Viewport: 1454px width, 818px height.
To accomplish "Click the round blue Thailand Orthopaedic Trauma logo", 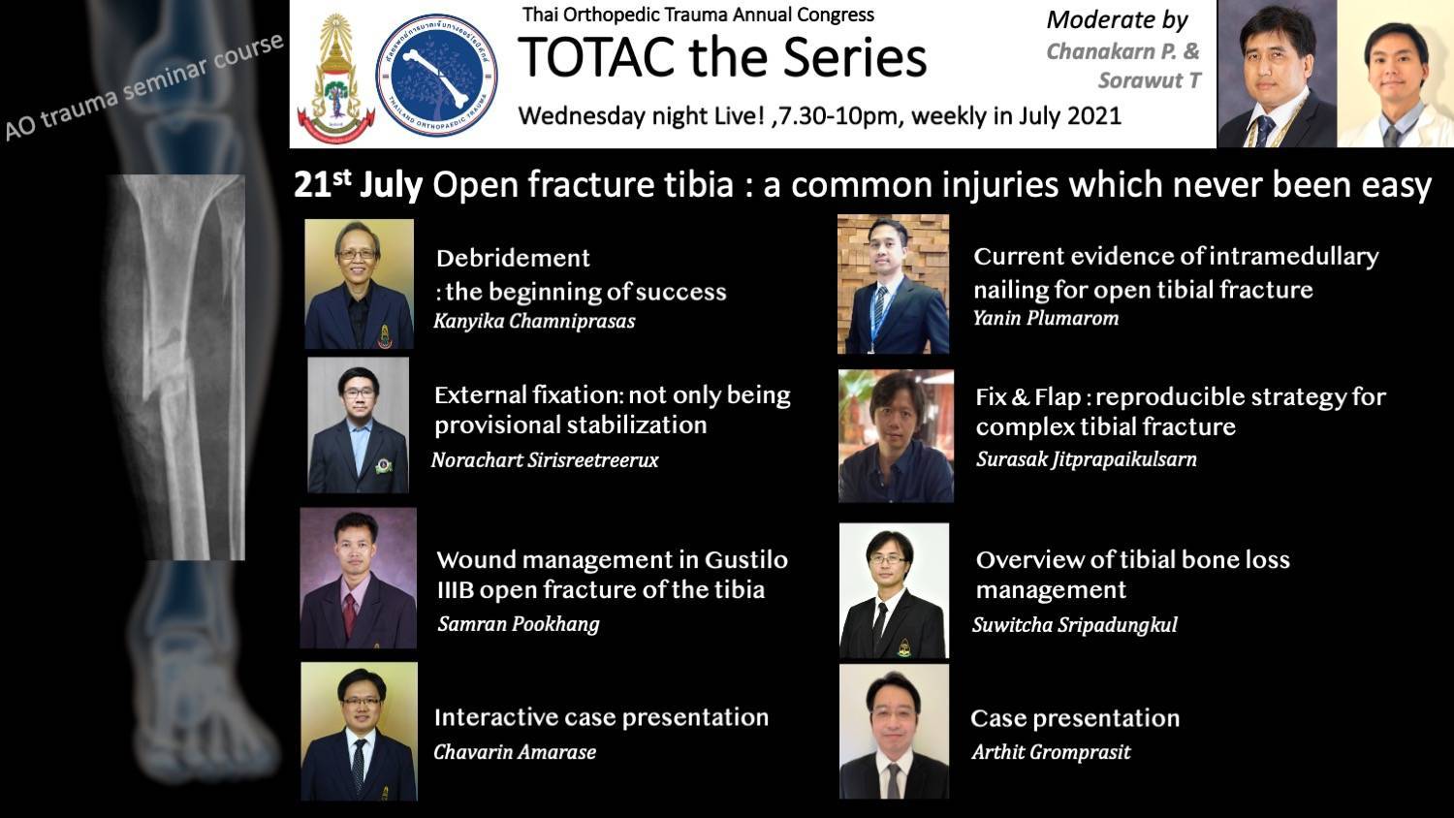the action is [437, 74].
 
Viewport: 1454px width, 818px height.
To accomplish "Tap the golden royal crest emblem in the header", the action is [335, 78].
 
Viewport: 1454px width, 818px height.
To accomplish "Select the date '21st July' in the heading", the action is [358, 184].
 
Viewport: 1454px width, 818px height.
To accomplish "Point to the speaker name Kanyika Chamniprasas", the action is [534, 322].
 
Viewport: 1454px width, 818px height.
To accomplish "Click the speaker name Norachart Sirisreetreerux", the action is [545, 460].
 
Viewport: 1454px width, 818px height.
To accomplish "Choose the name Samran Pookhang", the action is [519, 624].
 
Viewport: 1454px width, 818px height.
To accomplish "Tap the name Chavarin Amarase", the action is [515, 752].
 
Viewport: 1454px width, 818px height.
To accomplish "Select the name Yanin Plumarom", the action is [1046, 318].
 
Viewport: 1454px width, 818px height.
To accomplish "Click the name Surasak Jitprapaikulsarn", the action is [1087, 459].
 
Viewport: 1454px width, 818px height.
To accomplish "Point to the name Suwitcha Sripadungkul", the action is [1075, 624].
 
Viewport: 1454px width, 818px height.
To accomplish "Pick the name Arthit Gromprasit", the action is [1052, 752].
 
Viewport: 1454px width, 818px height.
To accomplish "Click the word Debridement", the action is [513, 259].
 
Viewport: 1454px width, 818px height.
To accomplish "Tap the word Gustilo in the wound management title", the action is [746, 559].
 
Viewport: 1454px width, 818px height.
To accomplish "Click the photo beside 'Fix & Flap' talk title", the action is [896, 436].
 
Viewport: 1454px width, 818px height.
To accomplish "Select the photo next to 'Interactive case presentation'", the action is [359, 731].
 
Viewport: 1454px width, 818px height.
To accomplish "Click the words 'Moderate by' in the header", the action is [1117, 20].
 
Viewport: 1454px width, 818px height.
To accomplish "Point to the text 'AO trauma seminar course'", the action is [144, 85].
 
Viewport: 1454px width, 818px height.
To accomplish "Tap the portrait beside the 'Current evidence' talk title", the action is [893, 284].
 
